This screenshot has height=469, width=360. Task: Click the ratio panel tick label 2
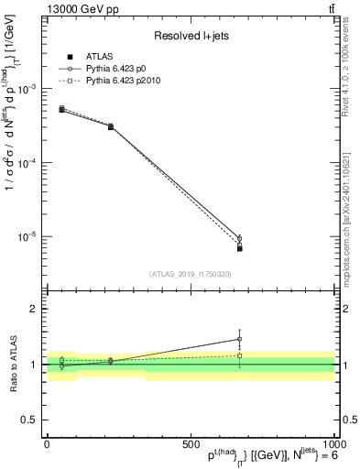32,310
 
